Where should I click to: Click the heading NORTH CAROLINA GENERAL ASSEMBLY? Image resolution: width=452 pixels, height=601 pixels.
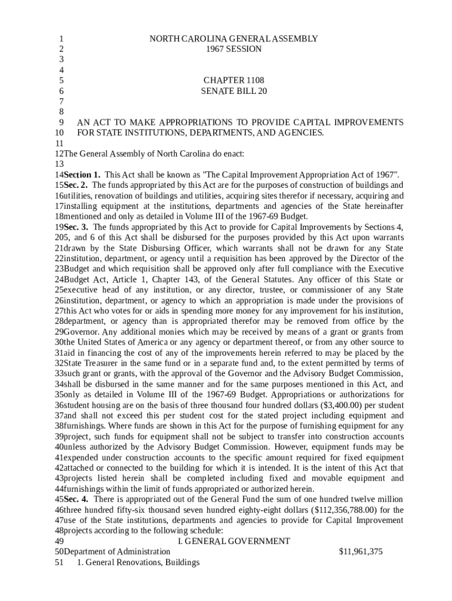point(234,39)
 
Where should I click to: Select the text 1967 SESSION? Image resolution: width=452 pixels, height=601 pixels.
point(234,49)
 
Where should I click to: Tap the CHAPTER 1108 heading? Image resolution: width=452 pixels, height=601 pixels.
point(234,80)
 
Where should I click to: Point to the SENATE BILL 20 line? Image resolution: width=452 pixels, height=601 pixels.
point(234,92)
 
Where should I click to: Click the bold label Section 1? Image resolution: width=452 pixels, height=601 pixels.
point(82,175)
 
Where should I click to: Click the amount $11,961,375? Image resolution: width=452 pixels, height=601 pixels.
point(361,552)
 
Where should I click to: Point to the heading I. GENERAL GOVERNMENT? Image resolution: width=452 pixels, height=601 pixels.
point(234,541)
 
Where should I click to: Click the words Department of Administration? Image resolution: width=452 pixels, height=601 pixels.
point(117,552)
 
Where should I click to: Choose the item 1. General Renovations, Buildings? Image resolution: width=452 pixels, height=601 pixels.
point(139,562)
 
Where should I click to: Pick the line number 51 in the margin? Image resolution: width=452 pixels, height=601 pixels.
point(58,562)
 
